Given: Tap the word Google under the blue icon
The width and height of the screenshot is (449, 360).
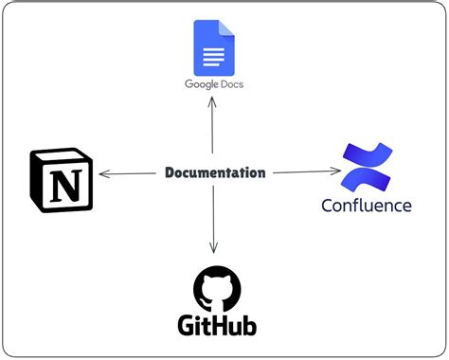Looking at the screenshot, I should [200, 85].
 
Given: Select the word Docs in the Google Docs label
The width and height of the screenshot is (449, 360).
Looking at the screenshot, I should [227, 85].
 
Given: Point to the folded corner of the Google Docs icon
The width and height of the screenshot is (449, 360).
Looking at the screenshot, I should [228, 27].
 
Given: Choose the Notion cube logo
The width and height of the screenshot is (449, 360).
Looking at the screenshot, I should [62, 178].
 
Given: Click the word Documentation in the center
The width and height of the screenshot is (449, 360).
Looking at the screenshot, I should [215, 172].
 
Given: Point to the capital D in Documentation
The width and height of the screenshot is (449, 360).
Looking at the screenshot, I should [171, 172].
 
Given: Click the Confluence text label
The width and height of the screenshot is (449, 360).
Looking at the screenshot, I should [366, 206].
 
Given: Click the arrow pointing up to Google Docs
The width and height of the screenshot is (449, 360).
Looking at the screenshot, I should [213, 123].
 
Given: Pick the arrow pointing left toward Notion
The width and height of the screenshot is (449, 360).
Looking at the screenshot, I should [128, 173].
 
